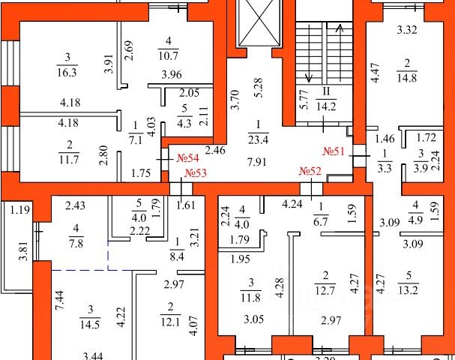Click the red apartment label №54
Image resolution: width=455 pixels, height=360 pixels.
tap(187, 158)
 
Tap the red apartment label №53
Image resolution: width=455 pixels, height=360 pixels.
tap(196, 173)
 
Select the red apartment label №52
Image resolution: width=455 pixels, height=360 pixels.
tap(310, 172)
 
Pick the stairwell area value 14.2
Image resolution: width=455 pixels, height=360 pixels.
tap(326, 106)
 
